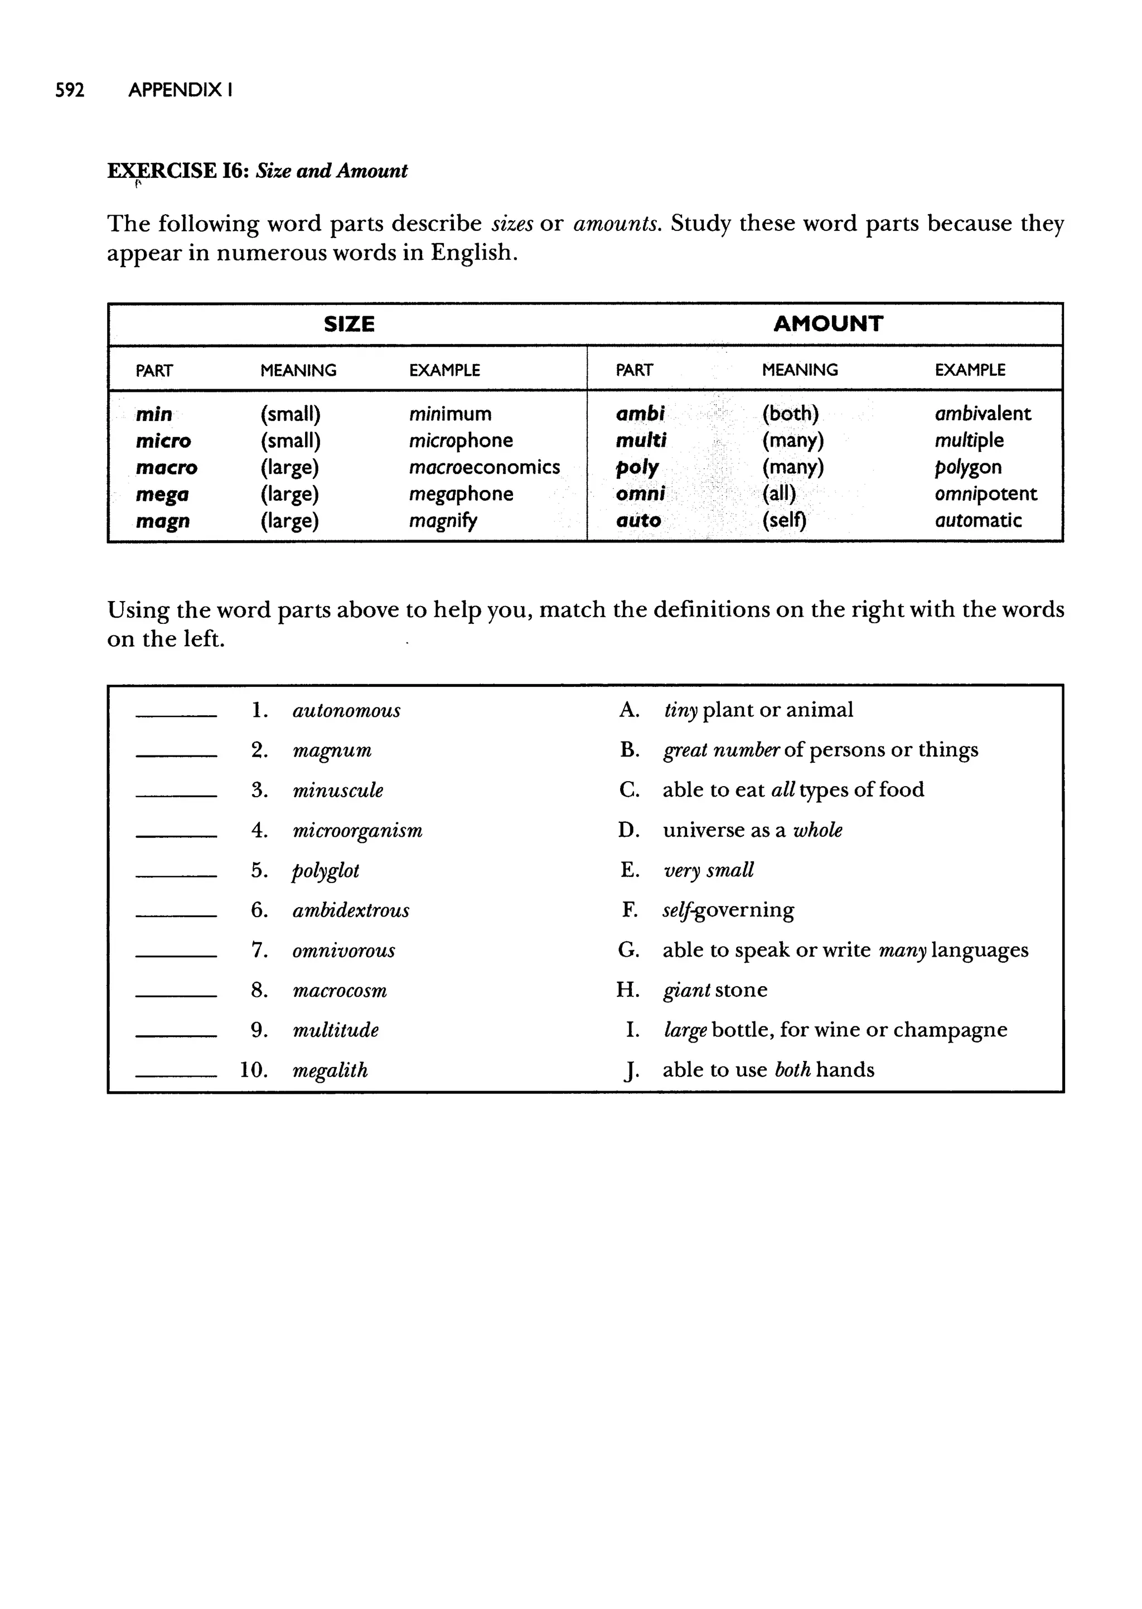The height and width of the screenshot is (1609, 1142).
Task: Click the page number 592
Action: [70, 90]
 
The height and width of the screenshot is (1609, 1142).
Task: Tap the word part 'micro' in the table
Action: [163, 441]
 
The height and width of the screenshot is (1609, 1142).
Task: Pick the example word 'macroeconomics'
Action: [484, 467]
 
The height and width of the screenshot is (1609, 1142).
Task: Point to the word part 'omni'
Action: [640, 494]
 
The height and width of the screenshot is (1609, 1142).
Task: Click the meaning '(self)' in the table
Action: [784, 521]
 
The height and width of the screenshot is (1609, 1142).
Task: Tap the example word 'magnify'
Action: [443, 521]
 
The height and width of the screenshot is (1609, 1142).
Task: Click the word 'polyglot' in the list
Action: [326, 871]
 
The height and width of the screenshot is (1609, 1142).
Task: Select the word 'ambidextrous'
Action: [350, 910]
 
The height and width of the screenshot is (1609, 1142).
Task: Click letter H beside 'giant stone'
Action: [627, 990]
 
